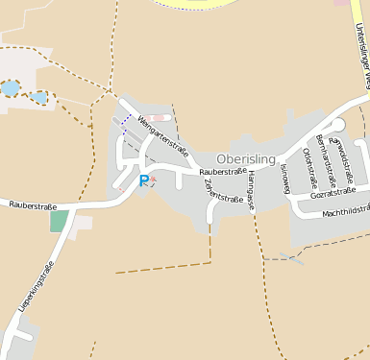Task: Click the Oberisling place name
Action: point(247,158)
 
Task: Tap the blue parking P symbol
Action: point(144,180)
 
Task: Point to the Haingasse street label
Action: point(250,193)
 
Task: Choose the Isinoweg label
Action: point(285,179)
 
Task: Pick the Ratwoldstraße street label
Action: point(341,158)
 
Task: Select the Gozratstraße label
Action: point(333,194)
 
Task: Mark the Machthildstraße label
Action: point(346,212)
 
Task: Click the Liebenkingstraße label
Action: point(36,292)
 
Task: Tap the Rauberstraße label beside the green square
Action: point(33,205)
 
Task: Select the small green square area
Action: point(60,220)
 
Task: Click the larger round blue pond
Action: point(10,88)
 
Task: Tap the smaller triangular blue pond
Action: point(38,97)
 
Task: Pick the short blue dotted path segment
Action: point(124,123)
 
